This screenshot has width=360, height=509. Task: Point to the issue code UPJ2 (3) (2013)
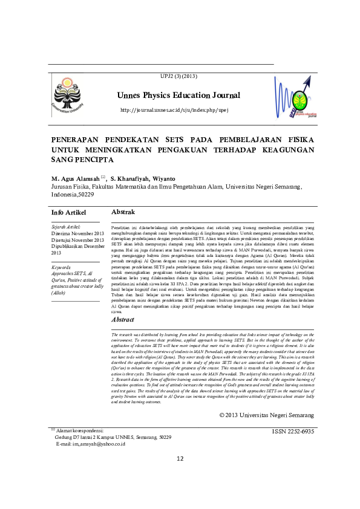[x=178, y=76]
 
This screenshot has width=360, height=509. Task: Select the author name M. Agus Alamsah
[x=76, y=179]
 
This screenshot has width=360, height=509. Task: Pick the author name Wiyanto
[x=164, y=179]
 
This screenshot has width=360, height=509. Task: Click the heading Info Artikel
[x=69, y=213]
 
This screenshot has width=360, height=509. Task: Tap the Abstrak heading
[x=125, y=213]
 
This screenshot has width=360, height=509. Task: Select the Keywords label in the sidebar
[x=62, y=267]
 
